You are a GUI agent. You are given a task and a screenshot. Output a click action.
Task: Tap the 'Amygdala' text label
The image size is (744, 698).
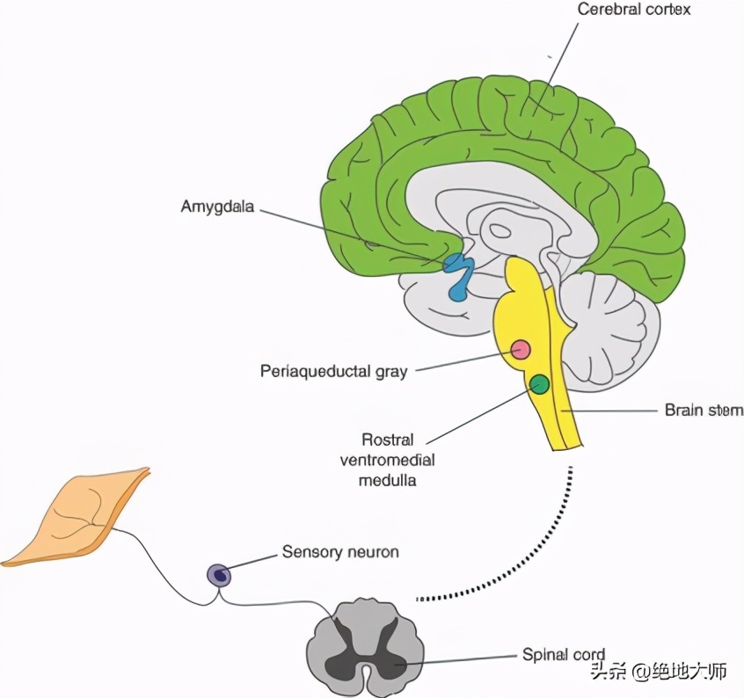point(219,207)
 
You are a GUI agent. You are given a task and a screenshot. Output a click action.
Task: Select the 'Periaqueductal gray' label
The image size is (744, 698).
point(334,371)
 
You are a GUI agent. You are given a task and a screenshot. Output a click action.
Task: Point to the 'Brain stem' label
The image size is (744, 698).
point(703,410)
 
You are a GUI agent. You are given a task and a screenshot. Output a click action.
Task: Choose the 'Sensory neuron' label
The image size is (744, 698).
point(340,552)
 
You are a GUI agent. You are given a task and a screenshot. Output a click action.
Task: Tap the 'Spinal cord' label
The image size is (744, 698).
point(564,655)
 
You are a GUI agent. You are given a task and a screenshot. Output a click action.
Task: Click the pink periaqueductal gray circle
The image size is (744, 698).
point(521,350)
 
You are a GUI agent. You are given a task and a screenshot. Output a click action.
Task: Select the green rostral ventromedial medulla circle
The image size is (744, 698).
point(539,383)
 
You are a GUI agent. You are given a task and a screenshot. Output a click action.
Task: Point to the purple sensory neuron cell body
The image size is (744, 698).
point(218,576)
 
